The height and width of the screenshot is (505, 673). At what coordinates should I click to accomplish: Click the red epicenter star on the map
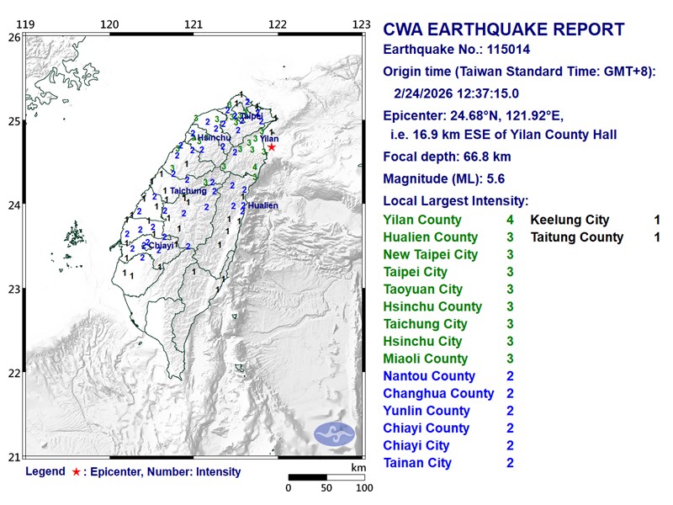click(x=271, y=147)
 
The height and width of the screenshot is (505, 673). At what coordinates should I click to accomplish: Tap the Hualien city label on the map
click(x=262, y=205)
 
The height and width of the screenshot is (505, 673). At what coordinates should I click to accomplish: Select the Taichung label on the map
click(x=188, y=191)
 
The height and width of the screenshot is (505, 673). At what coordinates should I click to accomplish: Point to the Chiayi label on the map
click(x=161, y=246)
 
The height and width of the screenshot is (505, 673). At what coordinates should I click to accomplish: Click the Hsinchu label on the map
click(x=215, y=137)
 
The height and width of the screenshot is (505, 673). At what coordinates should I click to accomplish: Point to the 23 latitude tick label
click(x=13, y=290)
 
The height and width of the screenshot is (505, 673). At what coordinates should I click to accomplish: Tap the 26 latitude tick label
click(x=13, y=38)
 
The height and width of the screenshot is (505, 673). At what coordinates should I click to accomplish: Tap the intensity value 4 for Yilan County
click(x=510, y=220)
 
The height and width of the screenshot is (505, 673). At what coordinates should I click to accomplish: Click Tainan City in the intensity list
click(x=417, y=463)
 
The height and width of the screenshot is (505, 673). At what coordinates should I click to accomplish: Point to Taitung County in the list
click(x=577, y=237)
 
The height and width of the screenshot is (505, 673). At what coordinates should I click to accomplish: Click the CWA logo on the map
click(x=335, y=434)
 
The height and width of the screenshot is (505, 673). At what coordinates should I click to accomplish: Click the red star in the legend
click(x=77, y=472)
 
